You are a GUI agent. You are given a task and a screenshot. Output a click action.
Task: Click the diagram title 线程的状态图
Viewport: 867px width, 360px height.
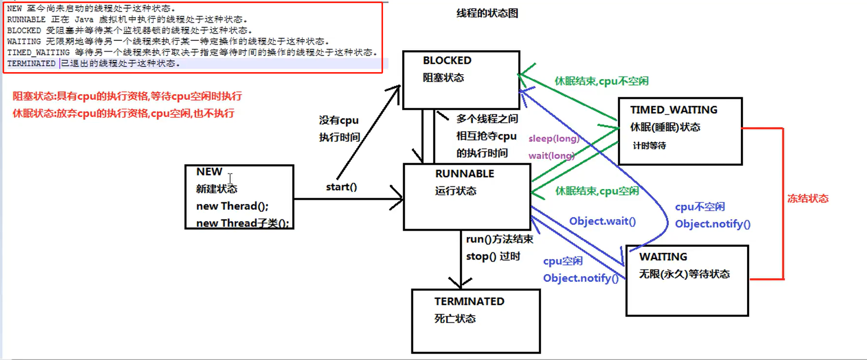point(487,13)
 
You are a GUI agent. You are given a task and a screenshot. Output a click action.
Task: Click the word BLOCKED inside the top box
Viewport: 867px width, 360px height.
point(447,60)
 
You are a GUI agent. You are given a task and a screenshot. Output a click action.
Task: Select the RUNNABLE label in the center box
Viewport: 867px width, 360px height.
point(464,174)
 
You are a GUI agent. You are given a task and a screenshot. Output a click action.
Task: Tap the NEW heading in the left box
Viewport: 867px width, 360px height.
point(209,172)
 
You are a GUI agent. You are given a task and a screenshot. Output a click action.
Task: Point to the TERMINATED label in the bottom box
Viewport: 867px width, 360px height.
point(469,301)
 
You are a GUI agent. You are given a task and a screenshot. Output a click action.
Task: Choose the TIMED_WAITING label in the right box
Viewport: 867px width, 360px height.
point(673,110)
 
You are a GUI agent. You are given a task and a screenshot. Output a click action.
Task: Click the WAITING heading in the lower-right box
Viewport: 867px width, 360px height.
point(663,256)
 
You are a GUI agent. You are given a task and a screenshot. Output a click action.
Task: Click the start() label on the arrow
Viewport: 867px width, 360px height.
point(341,186)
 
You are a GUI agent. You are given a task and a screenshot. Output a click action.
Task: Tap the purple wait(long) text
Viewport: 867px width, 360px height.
point(551,156)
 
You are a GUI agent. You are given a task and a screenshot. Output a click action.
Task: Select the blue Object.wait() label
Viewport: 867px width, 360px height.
point(602,221)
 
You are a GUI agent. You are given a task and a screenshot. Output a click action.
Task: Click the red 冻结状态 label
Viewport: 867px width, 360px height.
point(808,198)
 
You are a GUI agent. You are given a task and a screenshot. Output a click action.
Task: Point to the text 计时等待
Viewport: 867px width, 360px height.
point(649,146)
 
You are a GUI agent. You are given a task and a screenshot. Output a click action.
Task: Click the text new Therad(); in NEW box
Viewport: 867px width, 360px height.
point(232,206)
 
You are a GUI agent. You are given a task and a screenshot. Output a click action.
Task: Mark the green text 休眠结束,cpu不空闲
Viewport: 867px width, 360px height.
point(601,81)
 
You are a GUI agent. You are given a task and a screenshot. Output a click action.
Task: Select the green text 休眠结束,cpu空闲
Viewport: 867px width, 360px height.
point(597,191)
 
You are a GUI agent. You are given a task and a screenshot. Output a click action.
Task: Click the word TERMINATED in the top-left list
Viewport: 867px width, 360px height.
point(31,63)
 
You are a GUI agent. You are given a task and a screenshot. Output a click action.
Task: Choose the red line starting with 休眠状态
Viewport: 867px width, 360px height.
point(124,113)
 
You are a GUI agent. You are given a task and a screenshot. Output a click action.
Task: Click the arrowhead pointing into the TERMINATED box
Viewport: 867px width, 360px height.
point(460,283)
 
